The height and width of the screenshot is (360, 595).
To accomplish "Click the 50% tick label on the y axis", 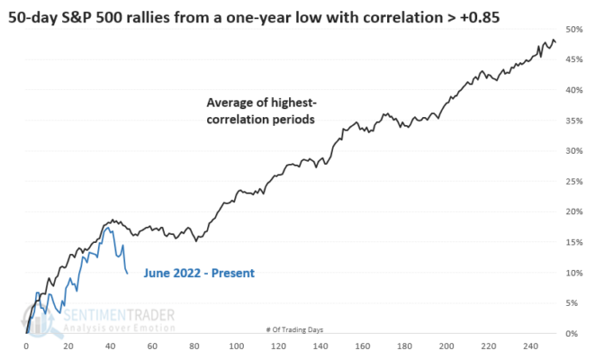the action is (573, 30).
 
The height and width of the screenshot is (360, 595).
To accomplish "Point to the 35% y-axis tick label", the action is (573, 121).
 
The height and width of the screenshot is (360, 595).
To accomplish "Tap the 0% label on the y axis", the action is (572, 334).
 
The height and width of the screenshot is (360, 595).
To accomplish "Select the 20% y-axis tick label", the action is (573, 211).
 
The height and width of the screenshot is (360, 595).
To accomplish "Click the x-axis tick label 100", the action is (237, 346).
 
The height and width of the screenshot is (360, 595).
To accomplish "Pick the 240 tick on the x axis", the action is (530, 346).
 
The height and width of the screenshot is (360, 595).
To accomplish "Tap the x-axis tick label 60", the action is (152, 346).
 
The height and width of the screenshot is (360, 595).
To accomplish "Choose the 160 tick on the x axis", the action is (363, 346).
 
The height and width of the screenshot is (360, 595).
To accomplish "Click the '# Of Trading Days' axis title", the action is (295, 329).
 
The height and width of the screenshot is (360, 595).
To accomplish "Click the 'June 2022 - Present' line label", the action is (199, 273).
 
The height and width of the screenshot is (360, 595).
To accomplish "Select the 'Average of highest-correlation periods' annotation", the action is (261, 111).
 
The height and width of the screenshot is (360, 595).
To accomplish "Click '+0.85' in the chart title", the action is (480, 17).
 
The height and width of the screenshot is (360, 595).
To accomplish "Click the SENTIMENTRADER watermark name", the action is (119, 315).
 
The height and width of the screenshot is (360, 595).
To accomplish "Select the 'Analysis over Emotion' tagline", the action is (119, 328).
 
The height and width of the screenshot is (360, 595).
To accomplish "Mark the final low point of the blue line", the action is (127, 273).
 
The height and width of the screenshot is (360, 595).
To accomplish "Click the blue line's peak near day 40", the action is (108, 228).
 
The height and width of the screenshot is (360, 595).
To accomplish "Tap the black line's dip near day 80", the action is (196, 241).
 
